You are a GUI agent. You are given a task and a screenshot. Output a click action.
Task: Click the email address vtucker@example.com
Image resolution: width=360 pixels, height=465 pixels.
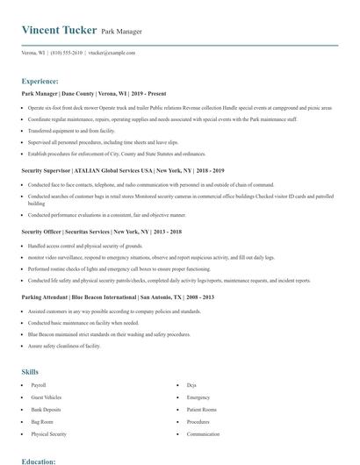coord(111,53)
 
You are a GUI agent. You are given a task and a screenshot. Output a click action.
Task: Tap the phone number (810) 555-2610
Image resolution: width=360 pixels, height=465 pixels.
coord(67,53)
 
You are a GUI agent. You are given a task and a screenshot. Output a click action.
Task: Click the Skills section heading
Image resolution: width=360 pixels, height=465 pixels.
coord(30,372)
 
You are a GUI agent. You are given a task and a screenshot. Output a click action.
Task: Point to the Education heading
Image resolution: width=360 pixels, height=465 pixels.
coord(39,460)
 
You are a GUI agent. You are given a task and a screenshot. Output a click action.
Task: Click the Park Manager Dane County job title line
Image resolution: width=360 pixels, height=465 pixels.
coord(93,93)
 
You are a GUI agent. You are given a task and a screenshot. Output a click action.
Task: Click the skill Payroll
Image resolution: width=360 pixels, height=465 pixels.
coord(38,385)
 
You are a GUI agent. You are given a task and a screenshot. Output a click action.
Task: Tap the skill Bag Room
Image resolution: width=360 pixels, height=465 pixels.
coord(41,422)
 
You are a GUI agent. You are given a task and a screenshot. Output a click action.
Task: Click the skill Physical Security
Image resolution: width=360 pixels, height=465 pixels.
coord(48,434)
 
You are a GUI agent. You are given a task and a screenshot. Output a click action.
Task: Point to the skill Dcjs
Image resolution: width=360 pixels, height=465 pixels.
coord(191,385)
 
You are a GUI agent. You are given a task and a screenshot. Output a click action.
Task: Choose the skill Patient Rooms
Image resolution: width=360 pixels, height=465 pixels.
coord(201,410)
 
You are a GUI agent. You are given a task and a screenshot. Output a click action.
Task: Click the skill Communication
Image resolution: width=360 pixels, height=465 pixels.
coord(203,434)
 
